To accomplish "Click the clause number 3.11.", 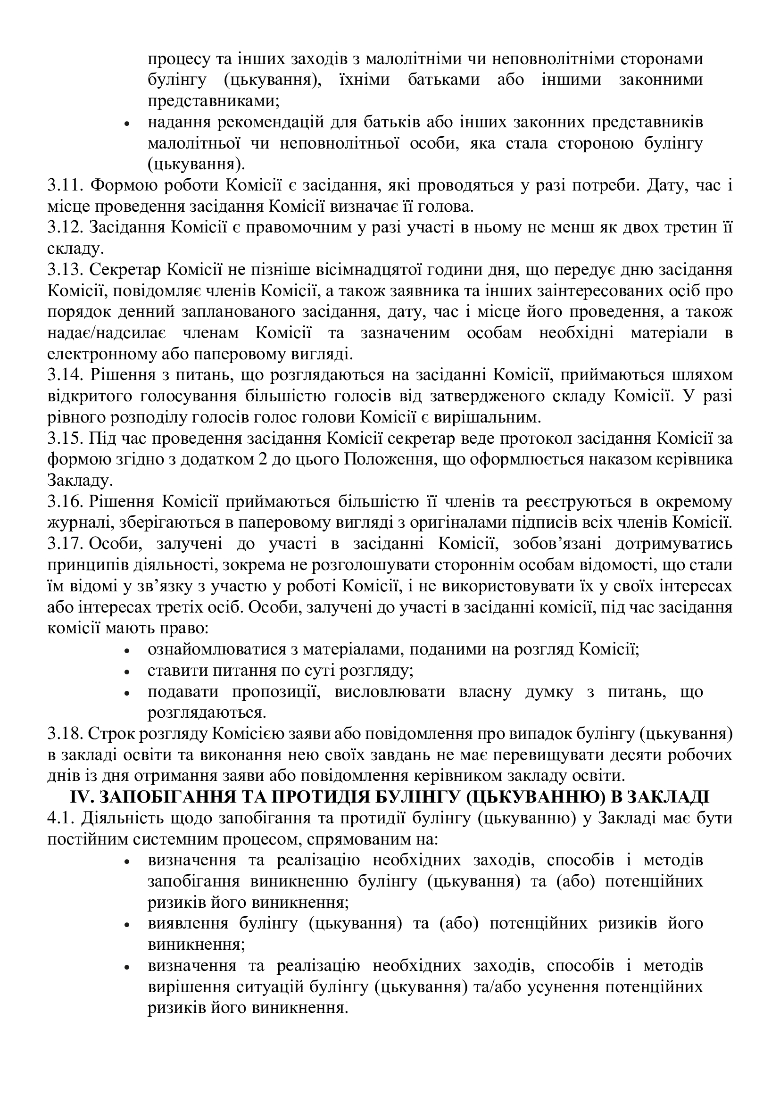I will tap(64, 185).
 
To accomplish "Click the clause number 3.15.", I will tap(64, 439).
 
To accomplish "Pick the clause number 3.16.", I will tap(64, 502).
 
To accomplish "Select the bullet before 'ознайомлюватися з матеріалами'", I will tap(127, 651).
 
